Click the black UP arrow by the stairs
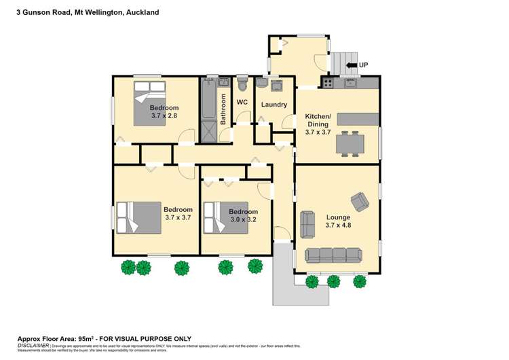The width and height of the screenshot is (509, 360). [x=352, y=65]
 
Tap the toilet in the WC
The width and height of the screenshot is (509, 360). [x=242, y=84]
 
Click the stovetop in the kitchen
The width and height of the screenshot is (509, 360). [x=328, y=84]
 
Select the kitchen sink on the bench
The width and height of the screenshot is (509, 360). [x=350, y=84]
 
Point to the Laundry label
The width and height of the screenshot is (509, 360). [x=274, y=105]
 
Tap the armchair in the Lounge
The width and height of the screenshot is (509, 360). [x=359, y=201]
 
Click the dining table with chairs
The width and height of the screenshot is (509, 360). [x=350, y=143]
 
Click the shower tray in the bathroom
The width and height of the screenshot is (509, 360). [x=208, y=131]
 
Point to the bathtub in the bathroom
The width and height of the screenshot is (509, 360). [x=208, y=100]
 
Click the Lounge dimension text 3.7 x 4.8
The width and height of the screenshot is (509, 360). [x=338, y=225]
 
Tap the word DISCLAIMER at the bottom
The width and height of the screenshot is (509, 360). [x=32, y=345]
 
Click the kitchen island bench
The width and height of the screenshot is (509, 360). [x=358, y=118]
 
